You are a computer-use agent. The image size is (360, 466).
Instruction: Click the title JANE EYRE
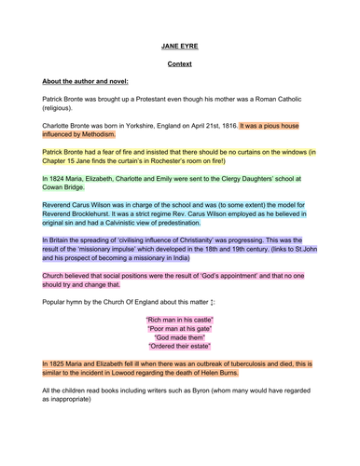coord(179,44)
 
